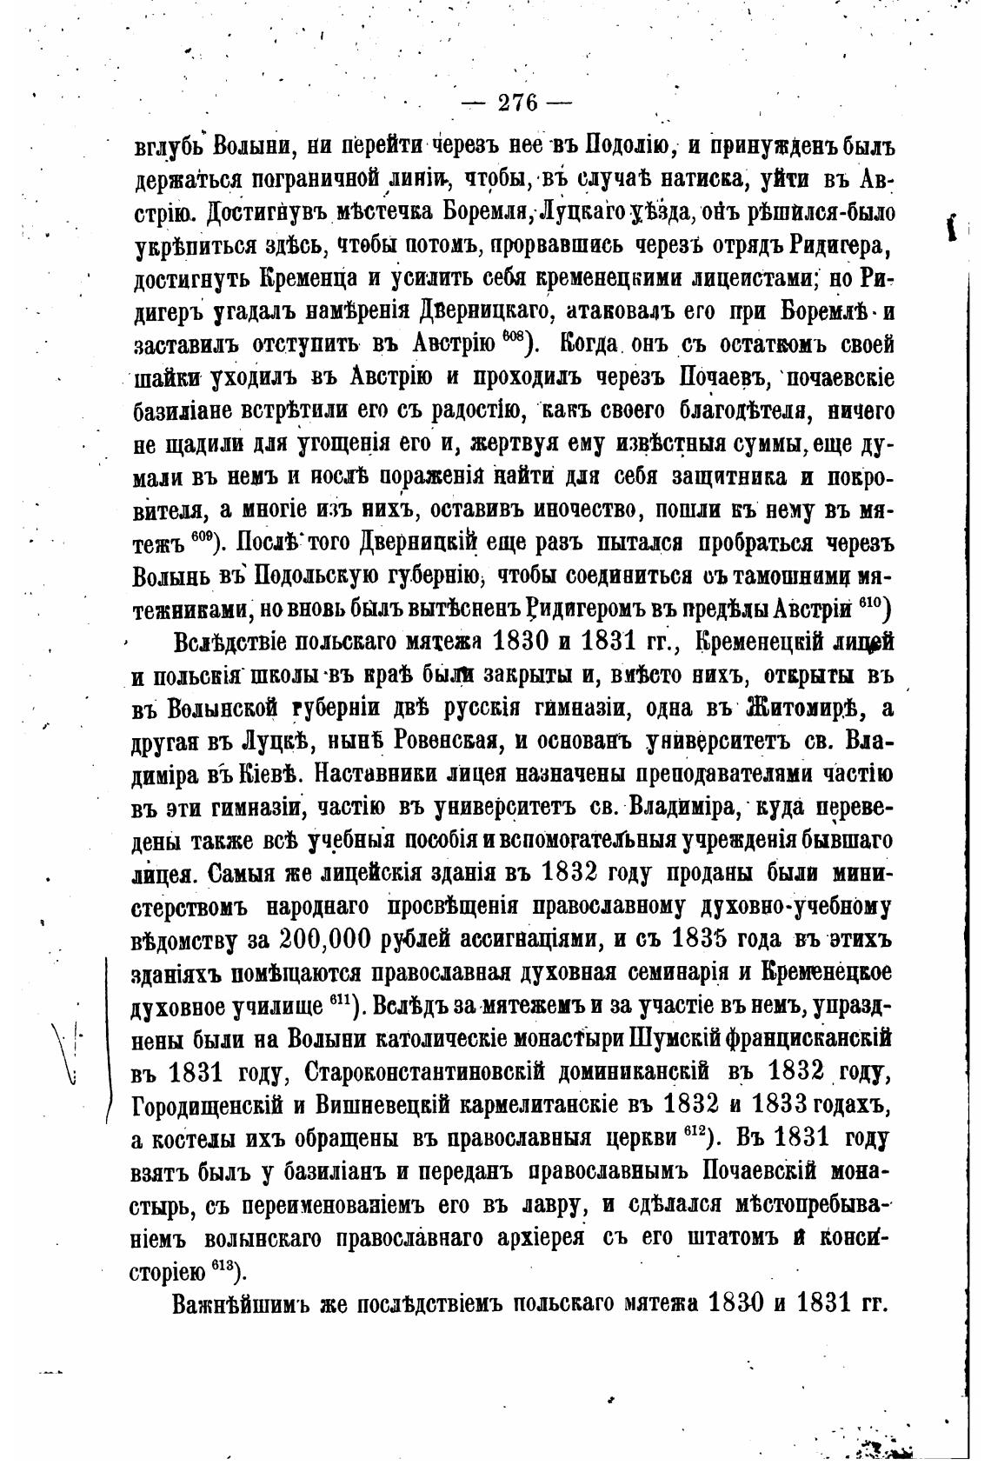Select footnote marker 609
(202, 536)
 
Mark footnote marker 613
(225, 1267)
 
